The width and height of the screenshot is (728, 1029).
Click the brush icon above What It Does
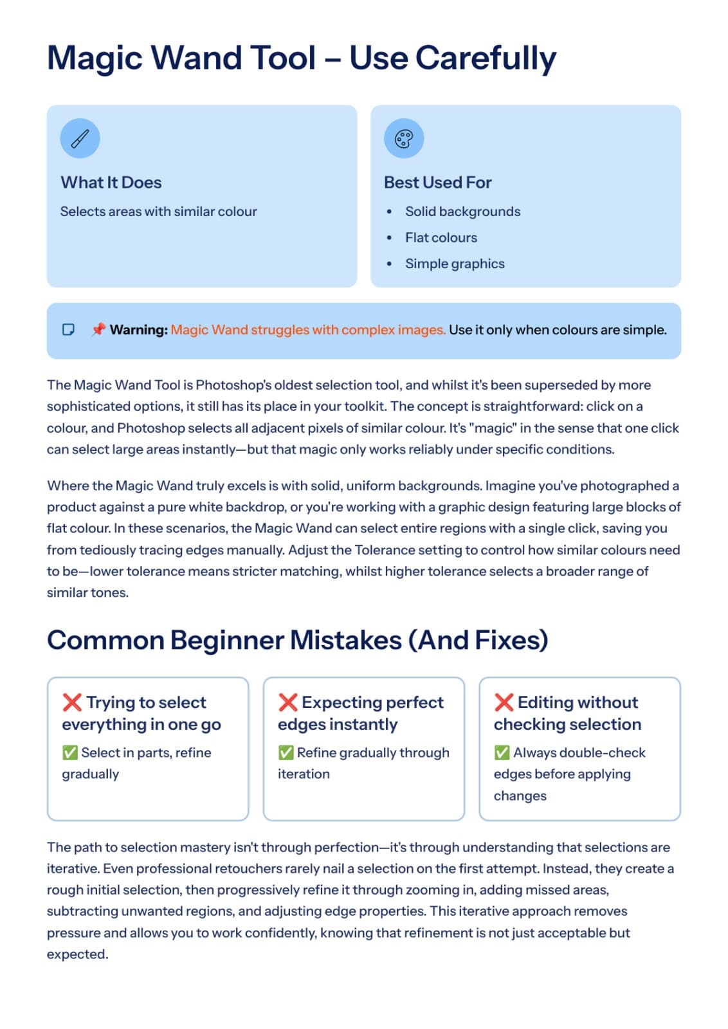click(80, 138)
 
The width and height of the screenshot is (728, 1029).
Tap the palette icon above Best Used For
click(404, 138)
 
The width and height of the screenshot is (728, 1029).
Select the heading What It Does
click(111, 183)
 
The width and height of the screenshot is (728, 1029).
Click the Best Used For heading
click(437, 183)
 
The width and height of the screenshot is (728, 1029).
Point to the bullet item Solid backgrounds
click(462, 212)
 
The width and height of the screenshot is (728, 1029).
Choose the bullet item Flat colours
click(441, 238)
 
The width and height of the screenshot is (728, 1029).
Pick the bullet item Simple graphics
click(455, 264)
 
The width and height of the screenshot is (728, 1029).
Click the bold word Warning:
click(139, 330)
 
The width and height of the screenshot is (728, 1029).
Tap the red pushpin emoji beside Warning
click(98, 330)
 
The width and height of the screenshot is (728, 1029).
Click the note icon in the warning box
click(68, 330)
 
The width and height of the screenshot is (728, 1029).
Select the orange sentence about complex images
click(308, 330)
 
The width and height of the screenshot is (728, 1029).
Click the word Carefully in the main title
click(486, 58)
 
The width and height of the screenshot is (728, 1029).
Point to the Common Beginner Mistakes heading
click(297, 641)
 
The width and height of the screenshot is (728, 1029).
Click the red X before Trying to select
click(72, 702)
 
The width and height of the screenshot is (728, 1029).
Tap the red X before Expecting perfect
click(287, 702)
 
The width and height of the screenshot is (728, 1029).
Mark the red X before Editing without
click(504, 702)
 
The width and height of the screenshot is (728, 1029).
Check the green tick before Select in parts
click(70, 752)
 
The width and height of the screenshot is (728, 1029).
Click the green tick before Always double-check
click(502, 752)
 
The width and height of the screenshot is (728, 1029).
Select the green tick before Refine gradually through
click(286, 752)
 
